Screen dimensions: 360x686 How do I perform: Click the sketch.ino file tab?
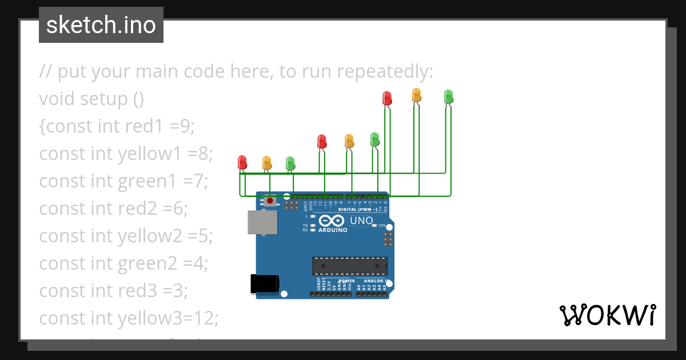pos(101,25)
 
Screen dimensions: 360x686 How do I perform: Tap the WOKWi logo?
pos(607,315)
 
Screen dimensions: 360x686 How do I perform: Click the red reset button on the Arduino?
pos(269,201)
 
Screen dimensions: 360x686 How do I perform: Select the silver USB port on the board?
pos(262,222)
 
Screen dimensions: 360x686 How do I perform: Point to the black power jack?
pos(265,285)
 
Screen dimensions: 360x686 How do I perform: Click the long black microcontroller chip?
pos(349,266)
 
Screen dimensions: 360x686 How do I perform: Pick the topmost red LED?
pos(387,98)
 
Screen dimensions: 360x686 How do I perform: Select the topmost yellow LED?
pos(417,95)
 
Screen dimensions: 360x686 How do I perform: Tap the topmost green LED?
pos(449,96)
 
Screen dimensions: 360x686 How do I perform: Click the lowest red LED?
pos(242,162)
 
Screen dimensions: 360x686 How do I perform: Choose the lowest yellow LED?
pos(266,163)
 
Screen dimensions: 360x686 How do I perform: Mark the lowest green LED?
pos(290,163)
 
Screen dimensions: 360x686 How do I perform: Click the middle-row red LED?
pos(322,141)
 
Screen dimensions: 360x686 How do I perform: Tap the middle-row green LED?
pos(374,139)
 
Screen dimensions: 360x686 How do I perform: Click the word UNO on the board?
pos(361,221)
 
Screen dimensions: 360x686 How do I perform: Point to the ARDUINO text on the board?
pos(332,230)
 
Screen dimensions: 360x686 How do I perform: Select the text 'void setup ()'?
pos(91,99)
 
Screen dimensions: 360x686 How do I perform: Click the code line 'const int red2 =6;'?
pos(113,209)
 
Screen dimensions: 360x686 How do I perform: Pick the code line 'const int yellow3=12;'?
pos(129,318)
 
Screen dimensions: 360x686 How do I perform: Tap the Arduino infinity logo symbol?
pos(332,221)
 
